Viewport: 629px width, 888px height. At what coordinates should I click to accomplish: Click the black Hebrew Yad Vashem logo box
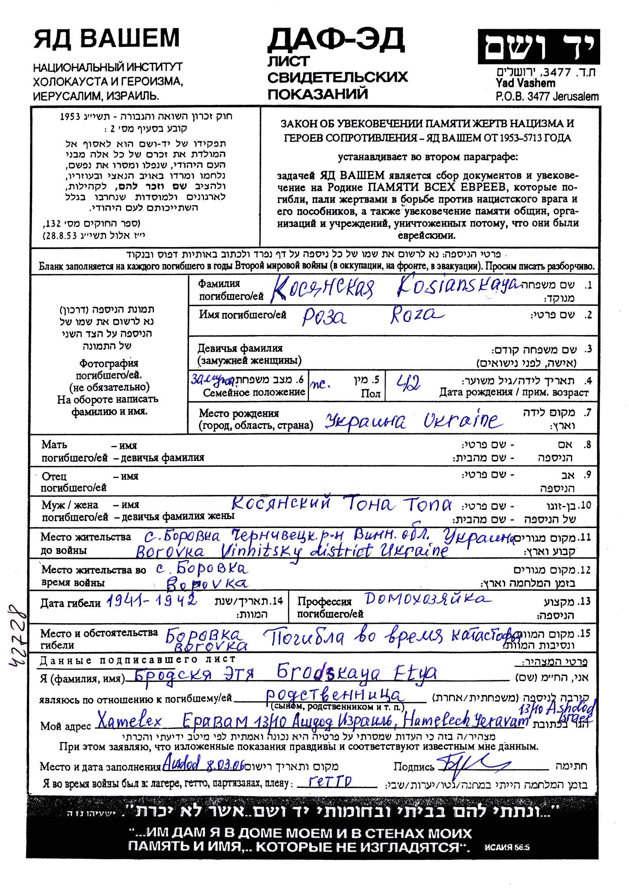point(538,47)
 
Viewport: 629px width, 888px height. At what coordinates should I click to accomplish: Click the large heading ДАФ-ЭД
point(336,40)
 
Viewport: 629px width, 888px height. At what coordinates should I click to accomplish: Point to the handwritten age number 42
point(408,382)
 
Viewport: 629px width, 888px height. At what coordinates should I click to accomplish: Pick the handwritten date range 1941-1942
point(152,601)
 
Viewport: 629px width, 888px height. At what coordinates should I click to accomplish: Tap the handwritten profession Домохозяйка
point(428,599)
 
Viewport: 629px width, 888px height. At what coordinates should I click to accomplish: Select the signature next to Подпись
point(470,764)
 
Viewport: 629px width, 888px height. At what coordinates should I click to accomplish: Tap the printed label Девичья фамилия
point(240,348)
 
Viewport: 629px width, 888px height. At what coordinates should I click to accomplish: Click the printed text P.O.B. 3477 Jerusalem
point(547,96)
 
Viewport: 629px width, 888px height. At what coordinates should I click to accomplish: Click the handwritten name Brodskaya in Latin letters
point(328,673)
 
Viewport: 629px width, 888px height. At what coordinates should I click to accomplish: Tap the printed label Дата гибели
point(70,603)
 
